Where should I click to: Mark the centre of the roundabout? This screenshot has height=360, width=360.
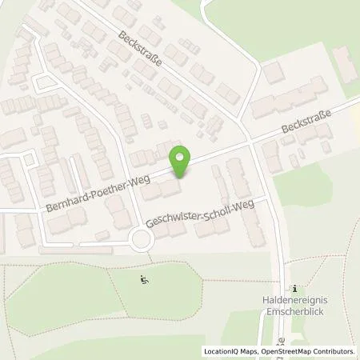click(143, 238)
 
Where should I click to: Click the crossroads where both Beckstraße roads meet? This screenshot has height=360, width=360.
click(250, 142)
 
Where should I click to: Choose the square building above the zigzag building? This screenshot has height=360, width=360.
click(274, 73)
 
